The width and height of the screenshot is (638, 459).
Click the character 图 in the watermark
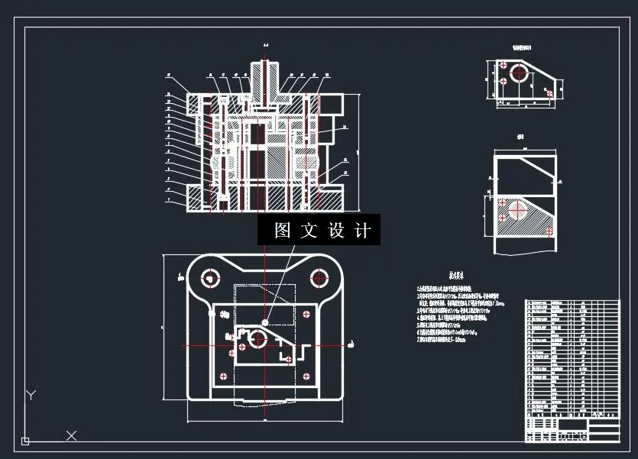[283, 231]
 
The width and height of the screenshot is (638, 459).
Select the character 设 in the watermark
[336, 231]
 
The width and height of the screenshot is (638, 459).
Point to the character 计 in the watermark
[364, 231]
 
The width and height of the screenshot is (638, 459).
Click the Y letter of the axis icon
[31, 395]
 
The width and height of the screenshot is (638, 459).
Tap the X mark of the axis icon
[71, 435]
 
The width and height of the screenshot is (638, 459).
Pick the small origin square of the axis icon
[25, 441]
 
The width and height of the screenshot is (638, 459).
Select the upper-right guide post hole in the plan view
[316, 278]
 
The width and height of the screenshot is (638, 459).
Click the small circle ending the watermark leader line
[265, 322]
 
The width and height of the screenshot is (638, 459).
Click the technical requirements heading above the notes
[457, 274]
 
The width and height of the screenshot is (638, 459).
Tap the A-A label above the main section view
[264, 46]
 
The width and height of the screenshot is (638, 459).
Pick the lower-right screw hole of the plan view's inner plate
[306, 375]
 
